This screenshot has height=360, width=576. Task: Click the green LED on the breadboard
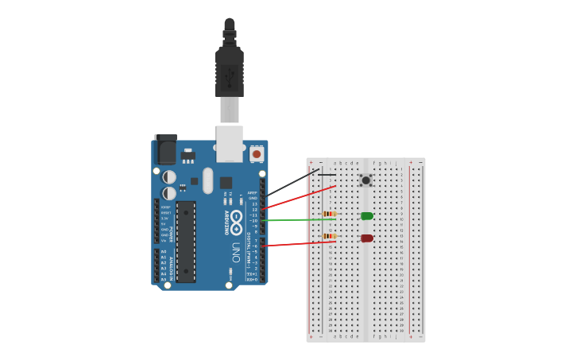pos(366,215)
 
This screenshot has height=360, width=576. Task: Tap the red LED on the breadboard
pos(366,238)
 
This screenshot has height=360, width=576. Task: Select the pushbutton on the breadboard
pos(365,180)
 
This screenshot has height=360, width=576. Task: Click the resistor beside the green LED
pos(330,214)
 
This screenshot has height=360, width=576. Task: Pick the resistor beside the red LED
pos(329,236)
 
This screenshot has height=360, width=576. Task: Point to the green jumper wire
pos(302,219)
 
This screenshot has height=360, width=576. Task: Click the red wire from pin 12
pos(302,197)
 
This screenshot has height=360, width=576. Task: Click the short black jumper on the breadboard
pos(327,175)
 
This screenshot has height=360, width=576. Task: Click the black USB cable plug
pos(230,68)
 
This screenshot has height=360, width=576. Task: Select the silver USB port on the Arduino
pos(230,139)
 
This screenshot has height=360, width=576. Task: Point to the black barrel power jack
pos(165,149)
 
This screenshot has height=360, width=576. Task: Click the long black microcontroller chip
pos(186,241)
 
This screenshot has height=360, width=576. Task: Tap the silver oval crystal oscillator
pos(208,180)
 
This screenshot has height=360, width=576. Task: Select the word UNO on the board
pos(236,253)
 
